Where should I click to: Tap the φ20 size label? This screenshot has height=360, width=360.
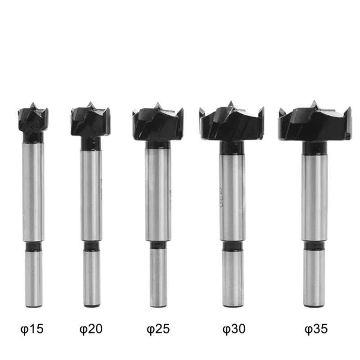point(91,329)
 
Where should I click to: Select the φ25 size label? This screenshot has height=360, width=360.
point(158,329)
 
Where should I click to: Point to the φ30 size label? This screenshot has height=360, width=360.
point(234,329)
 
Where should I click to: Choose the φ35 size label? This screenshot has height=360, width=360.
point(315,329)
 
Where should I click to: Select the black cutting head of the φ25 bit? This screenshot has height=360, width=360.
point(158,124)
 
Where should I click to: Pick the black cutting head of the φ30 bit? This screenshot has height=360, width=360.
point(232,124)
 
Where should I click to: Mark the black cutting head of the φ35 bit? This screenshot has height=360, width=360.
point(315,124)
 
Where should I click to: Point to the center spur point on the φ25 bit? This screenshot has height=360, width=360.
point(158,106)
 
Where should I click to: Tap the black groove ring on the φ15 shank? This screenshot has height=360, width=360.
point(33,246)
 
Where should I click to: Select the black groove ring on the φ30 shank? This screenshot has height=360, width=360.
point(233,246)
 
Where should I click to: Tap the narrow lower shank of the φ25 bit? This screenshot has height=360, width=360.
point(158,277)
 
